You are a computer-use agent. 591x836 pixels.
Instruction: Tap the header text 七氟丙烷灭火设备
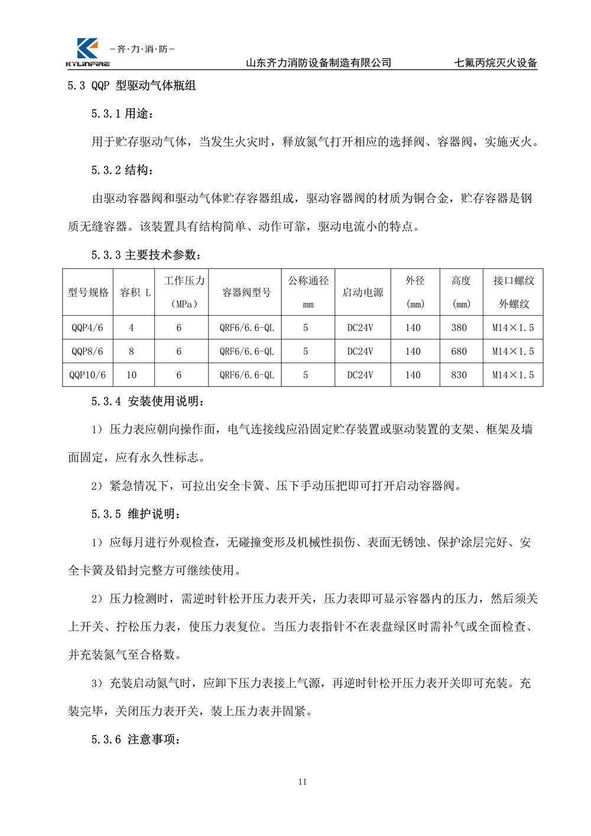[x=495, y=63]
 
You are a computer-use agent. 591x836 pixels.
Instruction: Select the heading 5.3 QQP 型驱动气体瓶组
[x=131, y=86]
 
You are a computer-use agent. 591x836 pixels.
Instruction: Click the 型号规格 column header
[x=88, y=292]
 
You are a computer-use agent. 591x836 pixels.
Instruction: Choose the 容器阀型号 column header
[x=246, y=292]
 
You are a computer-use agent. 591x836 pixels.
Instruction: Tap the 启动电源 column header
[x=362, y=292]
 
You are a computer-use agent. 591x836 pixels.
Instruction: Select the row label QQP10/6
[x=87, y=375]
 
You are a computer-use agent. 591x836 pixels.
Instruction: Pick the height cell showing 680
[x=459, y=351]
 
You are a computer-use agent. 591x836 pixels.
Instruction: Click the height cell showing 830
[x=459, y=375]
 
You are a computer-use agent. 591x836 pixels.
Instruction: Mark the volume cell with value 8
[x=131, y=351]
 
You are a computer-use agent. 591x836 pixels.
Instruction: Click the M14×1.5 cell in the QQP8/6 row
[x=513, y=351]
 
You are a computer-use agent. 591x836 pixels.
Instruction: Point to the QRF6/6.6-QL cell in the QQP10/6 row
[x=246, y=375]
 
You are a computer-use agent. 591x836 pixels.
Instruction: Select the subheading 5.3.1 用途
[x=122, y=114]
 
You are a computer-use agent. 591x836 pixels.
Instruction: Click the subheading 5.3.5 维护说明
[x=135, y=514]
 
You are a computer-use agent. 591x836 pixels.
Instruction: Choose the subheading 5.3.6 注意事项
[x=135, y=739]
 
